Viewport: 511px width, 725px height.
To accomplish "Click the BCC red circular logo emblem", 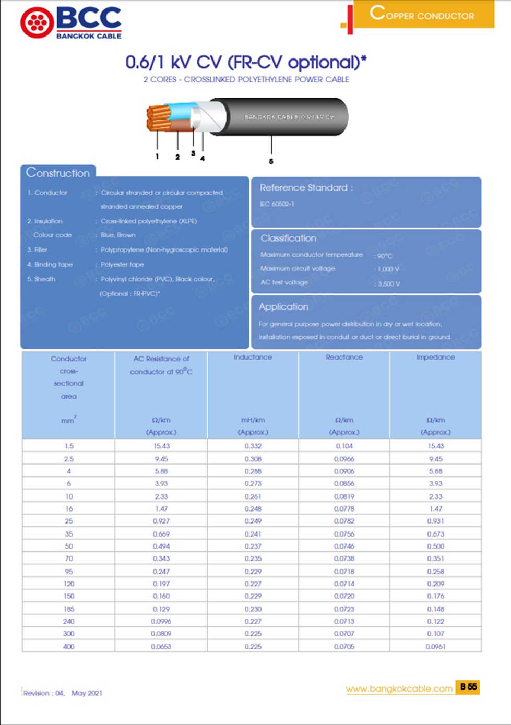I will (37, 23).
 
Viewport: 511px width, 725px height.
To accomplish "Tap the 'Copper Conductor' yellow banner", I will (423, 14).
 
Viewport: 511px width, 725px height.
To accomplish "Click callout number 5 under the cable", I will (271, 162).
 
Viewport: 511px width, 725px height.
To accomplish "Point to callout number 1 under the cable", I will (157, 157).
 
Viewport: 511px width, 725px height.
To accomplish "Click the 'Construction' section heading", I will (58, 173).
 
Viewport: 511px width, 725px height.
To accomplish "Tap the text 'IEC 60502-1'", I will (277, 204).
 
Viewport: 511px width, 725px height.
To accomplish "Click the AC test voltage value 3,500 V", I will (389, 284).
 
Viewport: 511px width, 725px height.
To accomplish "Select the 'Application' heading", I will (283, 307).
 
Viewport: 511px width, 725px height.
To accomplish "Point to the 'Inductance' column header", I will (253, 358).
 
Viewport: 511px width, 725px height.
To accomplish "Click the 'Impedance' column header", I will (435, 358).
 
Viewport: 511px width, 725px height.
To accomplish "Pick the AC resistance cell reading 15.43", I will (161, 446).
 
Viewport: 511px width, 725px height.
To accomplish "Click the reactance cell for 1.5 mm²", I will (344, 446).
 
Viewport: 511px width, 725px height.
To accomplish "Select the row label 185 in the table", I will (69, 609).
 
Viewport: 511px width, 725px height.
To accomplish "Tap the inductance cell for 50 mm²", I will (253, 546).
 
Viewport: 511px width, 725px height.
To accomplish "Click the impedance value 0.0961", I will (435, 647).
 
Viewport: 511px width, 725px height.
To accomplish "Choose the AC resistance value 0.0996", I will (161, 622).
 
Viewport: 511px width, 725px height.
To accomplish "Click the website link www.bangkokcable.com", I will (399, 689).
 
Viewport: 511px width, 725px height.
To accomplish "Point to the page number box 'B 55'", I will (468, 687).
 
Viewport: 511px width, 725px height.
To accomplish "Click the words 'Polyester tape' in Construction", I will (122, 265).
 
